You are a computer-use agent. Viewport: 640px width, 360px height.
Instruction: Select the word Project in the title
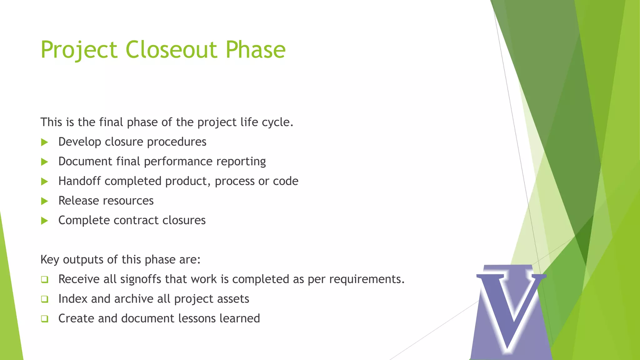click(x=79, y=50)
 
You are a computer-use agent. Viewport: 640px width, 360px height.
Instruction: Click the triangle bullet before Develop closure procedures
click(x=45, y=142)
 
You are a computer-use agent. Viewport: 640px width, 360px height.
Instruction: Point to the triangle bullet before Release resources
click(x=45, y=201)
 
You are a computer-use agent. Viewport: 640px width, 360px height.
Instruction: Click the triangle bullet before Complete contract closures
click(x=45, y=221)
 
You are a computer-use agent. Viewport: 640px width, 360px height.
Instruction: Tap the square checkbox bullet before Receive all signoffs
click(x=45, y=280)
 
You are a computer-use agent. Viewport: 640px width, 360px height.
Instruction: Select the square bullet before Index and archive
click(x=45, y=299)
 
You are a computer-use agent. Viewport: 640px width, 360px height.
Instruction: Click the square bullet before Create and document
click(x=45, y=319)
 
